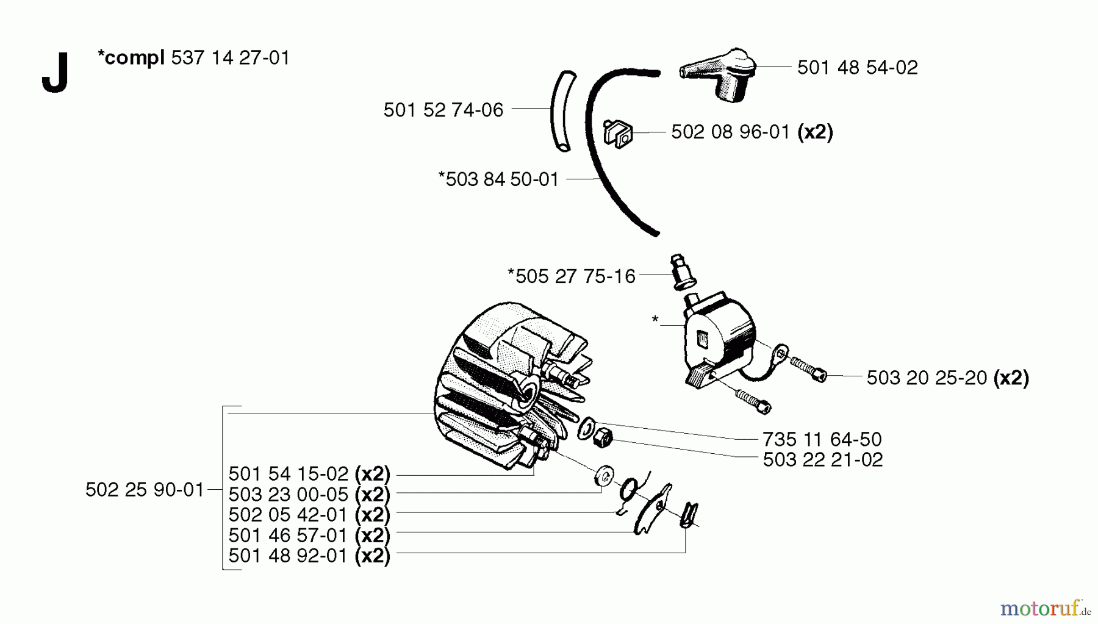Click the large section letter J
click(54, 73)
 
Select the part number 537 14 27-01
click(231, 58)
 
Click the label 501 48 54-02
click(857, 68)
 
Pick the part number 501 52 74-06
click(443, 110)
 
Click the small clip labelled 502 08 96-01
click(617, 133)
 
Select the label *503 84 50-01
click(498, 179)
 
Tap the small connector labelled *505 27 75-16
click(678, 273)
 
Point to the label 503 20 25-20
click(927, 378)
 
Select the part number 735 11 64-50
click(822, 439)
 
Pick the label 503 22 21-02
click(822, 460)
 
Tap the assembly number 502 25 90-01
click(145, 490)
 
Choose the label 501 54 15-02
click(288, 474)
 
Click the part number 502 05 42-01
click(288, 515)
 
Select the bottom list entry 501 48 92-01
click(288, 556)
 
